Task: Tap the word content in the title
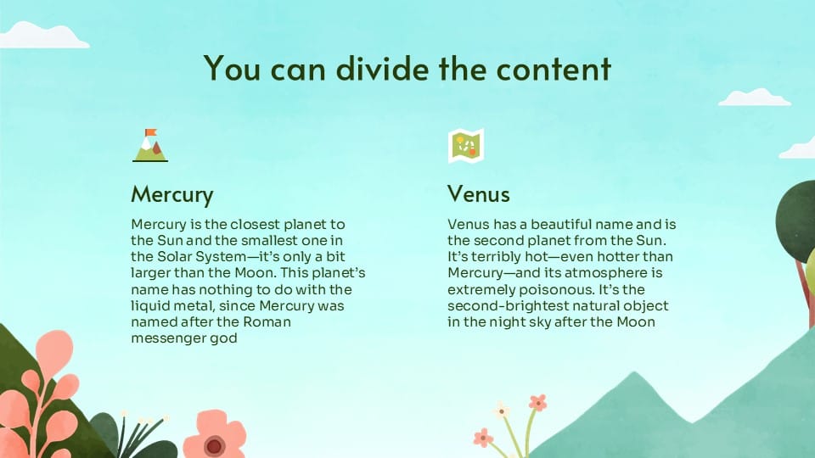coord(554,68)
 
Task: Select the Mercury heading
coord(172,195)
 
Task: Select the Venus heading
coord(478,194)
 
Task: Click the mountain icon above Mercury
coord(150,145)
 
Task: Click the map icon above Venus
coord(466,145)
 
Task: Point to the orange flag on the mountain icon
coord(151,132)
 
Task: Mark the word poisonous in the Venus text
coord(549,290)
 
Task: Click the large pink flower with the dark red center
coord(215,436)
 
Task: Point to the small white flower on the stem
coord(501,411)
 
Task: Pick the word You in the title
coord(232,68)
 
